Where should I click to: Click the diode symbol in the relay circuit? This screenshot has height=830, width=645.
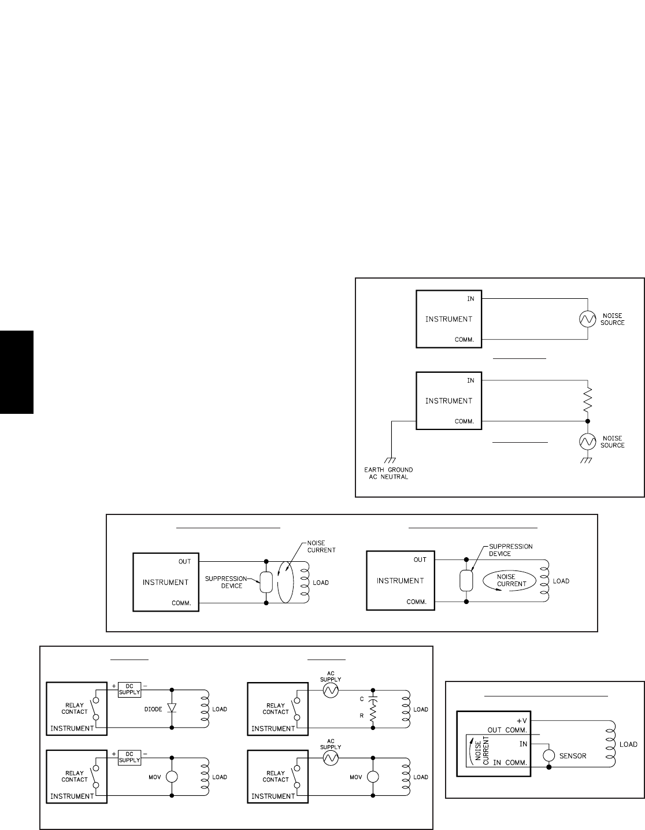172,708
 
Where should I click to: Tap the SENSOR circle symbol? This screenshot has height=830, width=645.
548,755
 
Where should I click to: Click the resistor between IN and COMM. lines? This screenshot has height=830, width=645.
587,401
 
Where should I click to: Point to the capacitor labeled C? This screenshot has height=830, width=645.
373,701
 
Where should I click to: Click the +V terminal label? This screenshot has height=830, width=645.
522,721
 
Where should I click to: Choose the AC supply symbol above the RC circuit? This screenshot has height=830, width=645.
331,690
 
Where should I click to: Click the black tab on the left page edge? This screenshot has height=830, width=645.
17,372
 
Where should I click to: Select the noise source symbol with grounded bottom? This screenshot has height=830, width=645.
587,442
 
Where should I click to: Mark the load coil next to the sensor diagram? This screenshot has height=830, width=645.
609,744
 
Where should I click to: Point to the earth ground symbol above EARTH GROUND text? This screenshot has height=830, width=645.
391,460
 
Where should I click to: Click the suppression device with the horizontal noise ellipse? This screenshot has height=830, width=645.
466,580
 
